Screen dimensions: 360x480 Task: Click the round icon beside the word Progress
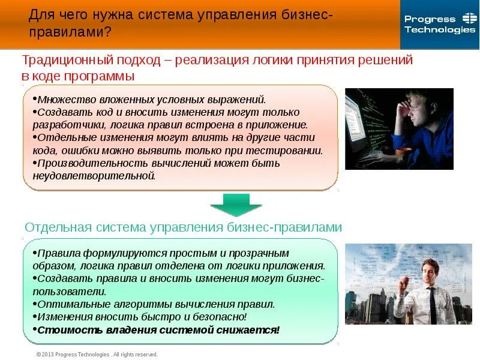pos(469,19)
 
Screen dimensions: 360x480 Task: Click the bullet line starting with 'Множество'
pos(149,100)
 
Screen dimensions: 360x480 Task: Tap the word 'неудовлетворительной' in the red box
pos(94,176)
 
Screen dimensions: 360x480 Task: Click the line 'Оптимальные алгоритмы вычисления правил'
pos(155,304)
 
